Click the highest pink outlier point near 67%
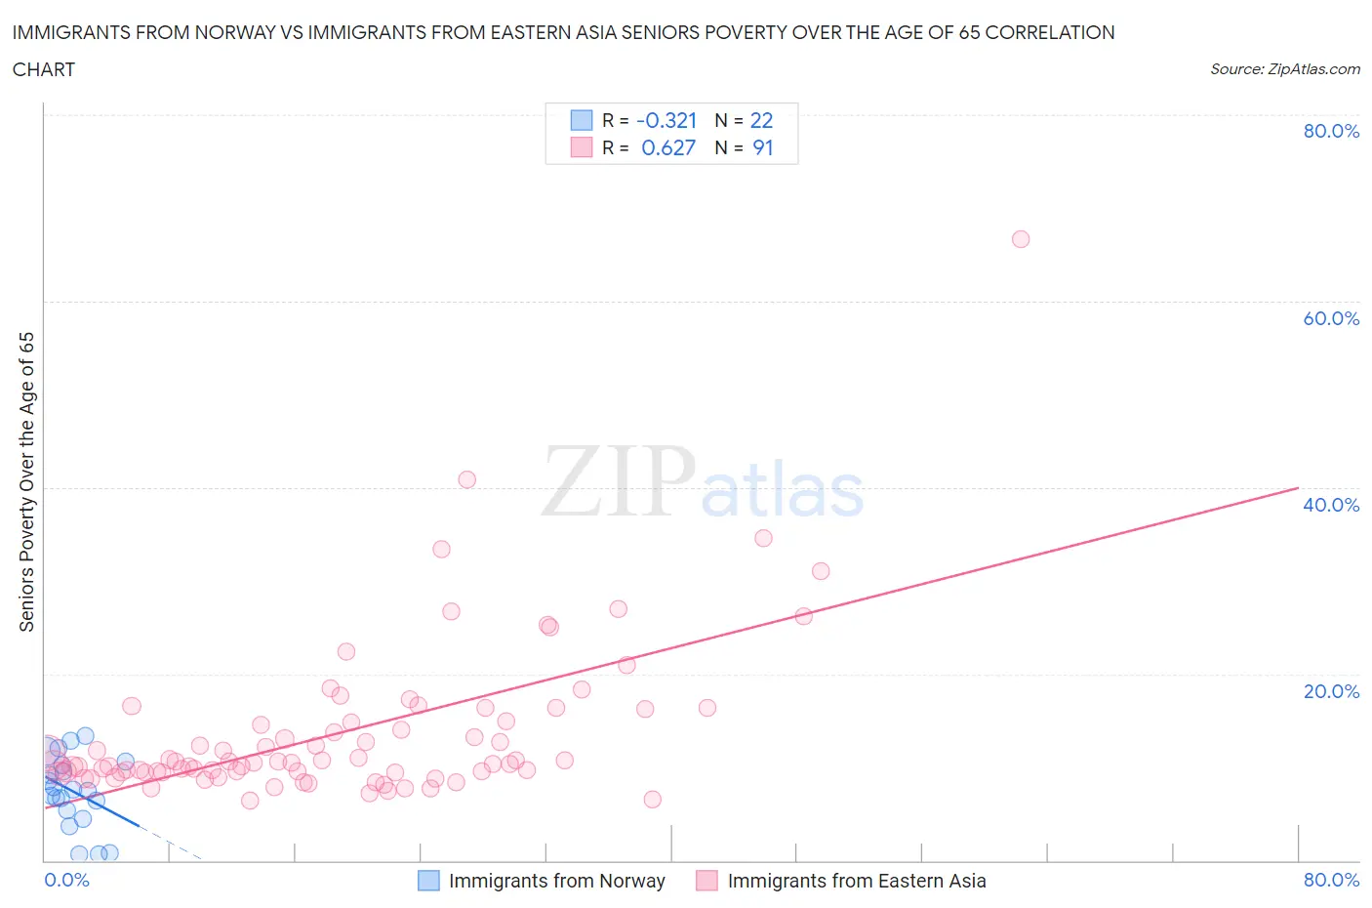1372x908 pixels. point(1021,239)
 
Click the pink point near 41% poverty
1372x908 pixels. point(467,479)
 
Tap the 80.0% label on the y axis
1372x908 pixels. point(1331,131)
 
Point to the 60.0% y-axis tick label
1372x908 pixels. point(1331,318)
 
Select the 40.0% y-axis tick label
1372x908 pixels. point(1331,505)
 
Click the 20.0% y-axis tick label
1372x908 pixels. point(1331,691)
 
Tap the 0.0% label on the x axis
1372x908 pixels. point(66,880)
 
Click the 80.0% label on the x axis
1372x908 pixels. point(1331,880)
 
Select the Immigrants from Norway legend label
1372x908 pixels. point(556,881)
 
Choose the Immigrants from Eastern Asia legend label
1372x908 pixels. point(856,881)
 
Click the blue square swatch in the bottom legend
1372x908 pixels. point(428,881)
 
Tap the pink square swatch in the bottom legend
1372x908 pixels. point(706,881)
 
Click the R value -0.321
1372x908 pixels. point(666,120)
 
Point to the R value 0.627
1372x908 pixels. point(668,147)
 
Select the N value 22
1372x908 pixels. point(761,120)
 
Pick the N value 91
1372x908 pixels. point(762,147)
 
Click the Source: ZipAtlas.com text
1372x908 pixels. point(1284,68)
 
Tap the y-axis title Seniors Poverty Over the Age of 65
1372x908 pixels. point(26,481)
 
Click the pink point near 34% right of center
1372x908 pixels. point(763,538)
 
